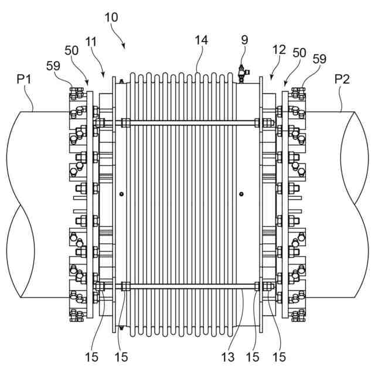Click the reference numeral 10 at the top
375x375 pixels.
pos(111,17)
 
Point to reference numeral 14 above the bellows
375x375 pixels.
pos(202,40)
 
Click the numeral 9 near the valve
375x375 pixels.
pos(244,40)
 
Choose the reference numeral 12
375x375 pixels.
pos(279,50)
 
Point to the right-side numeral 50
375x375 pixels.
pos(299,52)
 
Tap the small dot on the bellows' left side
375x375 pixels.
pos(121,194)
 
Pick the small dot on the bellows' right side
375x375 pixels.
pos(241,194)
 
